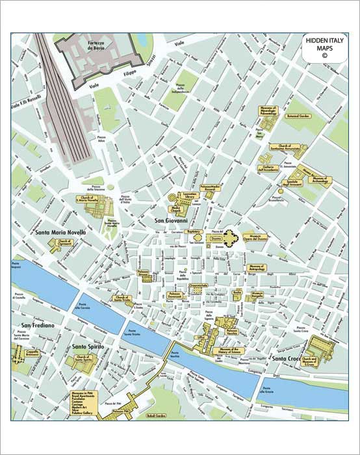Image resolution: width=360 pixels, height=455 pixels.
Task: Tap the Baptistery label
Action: (193, 231)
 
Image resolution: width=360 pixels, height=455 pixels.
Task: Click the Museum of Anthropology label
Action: (257, 266)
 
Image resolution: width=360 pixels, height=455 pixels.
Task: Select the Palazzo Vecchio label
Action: (233, 331)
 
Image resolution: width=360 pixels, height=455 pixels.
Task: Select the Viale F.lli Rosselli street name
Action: (27, 102)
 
